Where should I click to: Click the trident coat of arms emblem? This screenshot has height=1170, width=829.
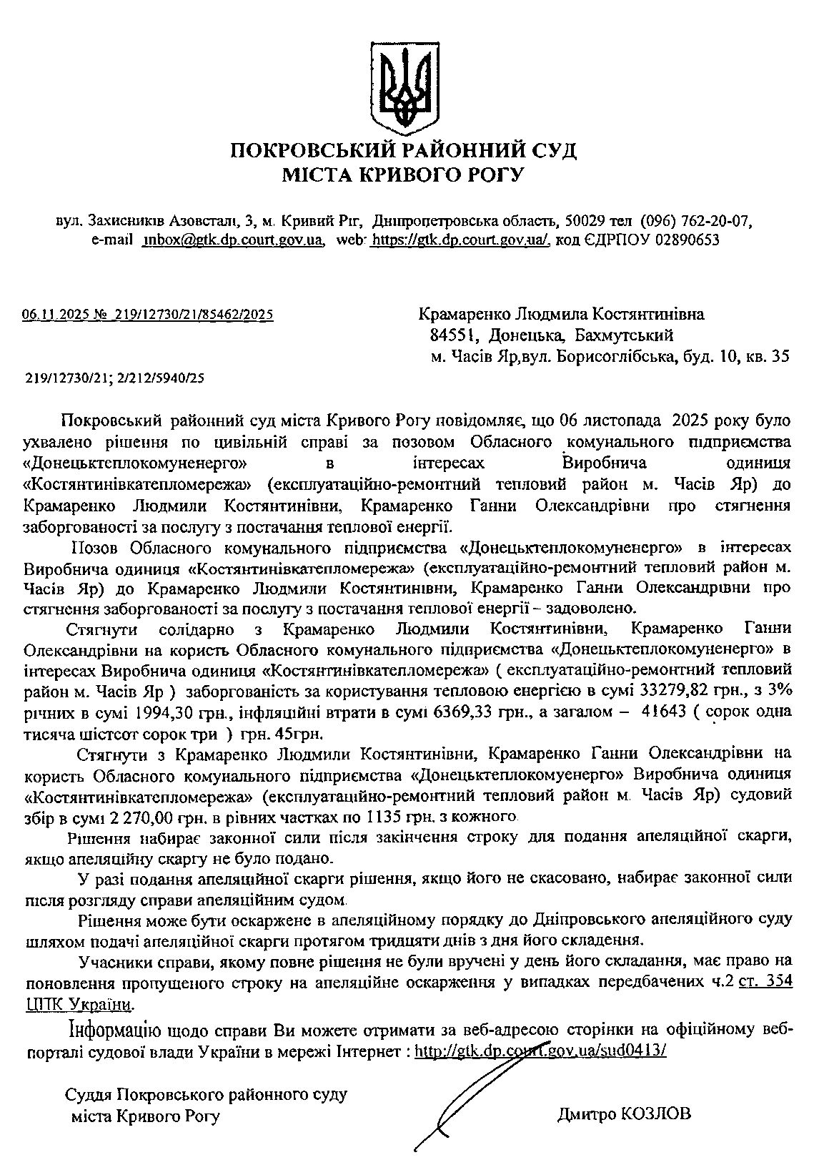click(x=404, y=84)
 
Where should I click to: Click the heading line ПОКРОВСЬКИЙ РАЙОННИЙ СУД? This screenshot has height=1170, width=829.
click(x=404, y=151)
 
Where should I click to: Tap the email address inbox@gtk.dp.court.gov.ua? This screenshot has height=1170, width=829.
click(x=234, y=240)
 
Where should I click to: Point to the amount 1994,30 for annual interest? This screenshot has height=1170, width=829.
click(x=162, y=712)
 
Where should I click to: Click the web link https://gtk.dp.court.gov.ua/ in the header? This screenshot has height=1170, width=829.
click(x=460, y=240)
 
